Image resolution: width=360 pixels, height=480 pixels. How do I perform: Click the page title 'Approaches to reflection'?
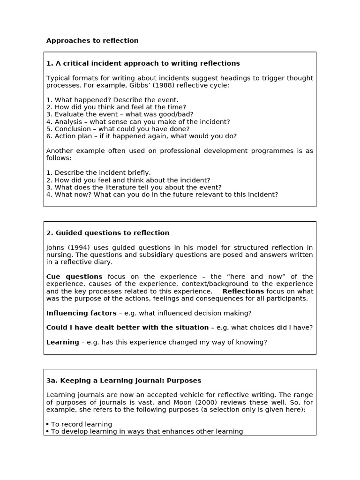point(92,41)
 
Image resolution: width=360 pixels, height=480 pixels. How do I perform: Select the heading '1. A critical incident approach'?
point(143,63)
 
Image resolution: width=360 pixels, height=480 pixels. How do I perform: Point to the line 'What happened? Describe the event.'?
point(112,100)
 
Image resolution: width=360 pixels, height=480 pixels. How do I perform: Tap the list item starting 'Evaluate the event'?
point(120,114)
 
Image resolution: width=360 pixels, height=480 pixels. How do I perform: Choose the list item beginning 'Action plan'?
point(142,136)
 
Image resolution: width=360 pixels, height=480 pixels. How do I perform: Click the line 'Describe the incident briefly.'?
point(99,172)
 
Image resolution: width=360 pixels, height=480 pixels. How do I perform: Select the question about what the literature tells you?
point(134,187)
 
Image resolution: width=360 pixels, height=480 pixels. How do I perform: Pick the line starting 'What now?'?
point(162,194)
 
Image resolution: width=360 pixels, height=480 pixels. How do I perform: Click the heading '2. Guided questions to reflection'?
point(108,233)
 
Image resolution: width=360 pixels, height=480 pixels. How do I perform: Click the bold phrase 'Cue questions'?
point(74,277)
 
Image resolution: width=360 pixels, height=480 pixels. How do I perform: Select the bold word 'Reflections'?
point(243,291)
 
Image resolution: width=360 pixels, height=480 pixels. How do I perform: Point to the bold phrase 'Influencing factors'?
point(81,313)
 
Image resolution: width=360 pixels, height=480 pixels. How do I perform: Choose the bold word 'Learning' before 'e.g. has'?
point(62,342)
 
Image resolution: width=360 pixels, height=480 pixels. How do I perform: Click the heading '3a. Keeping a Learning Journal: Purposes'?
point(124,380)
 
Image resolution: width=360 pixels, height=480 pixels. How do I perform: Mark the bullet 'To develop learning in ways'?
point(145,431)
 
